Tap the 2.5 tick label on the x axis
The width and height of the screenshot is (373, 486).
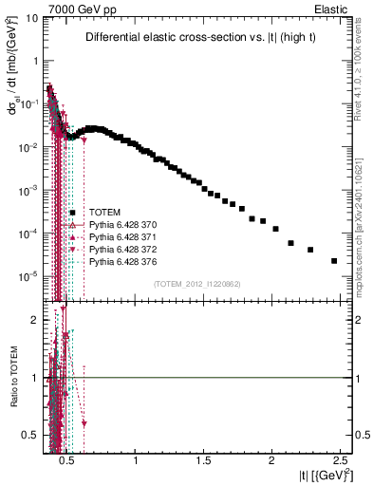[x=338, y=459]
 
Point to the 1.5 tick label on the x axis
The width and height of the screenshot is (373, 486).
[x=204, y=459]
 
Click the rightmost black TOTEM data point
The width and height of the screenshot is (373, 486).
[x=334, y=261]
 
